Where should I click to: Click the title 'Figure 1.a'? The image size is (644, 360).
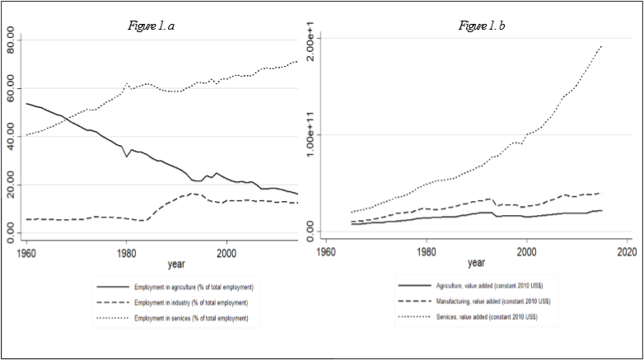pyautogui.click(x=152, y=26)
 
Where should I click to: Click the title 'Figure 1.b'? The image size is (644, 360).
pyautogui.click(x=482, y=26)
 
